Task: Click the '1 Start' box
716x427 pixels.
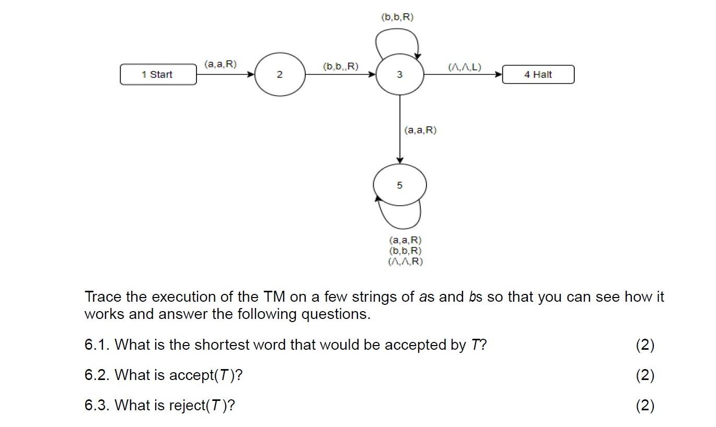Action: pyautogui.click(x=158, y=75)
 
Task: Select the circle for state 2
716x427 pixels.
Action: pyautogui.click(x=280, y=75)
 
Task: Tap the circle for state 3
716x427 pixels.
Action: pyautogui.click(x=400, y=75)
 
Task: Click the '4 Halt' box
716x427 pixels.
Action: pyautogui.click(x=538, y=75)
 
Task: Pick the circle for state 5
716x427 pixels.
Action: pyautogui.click(x=400, y=185)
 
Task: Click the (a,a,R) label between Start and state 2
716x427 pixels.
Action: pyautogui.click(x=221, y=64)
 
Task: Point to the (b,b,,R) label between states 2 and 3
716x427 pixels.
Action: pyautogui.click(x=341, y=66)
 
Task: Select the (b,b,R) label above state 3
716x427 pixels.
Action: pyautogui.click(x=398, y=17)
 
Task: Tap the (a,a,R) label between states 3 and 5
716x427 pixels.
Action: pyautogui.click(x=420, y=130)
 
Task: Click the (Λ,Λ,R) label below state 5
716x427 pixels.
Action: pyautogui.click(x=405, y=261)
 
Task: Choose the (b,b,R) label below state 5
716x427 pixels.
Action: pyautogui.click(x=405, y=251)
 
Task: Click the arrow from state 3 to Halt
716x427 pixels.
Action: pyautogui.click(x=463, y=75)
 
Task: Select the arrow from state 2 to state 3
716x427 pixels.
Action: pyautogui.click(x=340, y=75)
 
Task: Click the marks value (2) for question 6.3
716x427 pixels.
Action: pyautogui.click(x=645, y=405)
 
